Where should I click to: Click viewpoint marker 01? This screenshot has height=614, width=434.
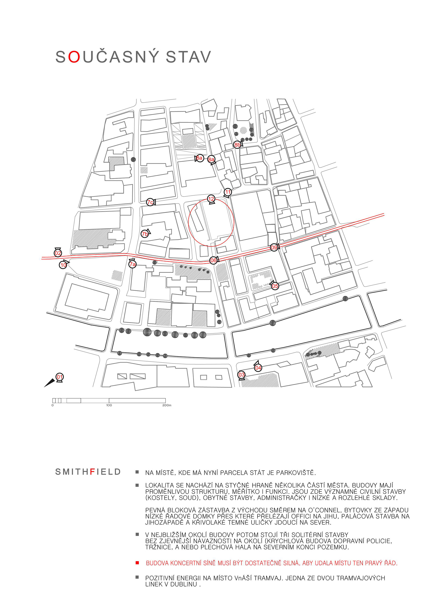click(59, 377)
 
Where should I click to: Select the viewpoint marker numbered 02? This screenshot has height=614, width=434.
click(58, 253)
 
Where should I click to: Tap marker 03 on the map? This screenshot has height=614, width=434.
click(241, 375)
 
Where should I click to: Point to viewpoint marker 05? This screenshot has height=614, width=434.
click(275, 286)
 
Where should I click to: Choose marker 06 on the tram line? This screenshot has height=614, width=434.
click(213, 260)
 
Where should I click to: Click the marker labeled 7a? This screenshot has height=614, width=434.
click(132, 264)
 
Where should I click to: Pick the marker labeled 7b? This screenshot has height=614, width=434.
click(145, 234)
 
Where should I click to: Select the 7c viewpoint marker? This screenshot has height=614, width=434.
click(150, 202)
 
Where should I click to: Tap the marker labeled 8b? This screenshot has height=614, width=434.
click(237, 145)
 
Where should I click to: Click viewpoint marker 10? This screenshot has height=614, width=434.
click(63, 265)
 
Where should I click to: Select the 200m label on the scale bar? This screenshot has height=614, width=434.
click(167, 405)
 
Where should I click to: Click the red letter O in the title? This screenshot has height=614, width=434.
click(74, 57)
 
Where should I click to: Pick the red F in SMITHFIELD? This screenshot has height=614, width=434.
click(92, 472)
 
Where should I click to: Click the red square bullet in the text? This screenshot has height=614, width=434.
click(137, 563)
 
